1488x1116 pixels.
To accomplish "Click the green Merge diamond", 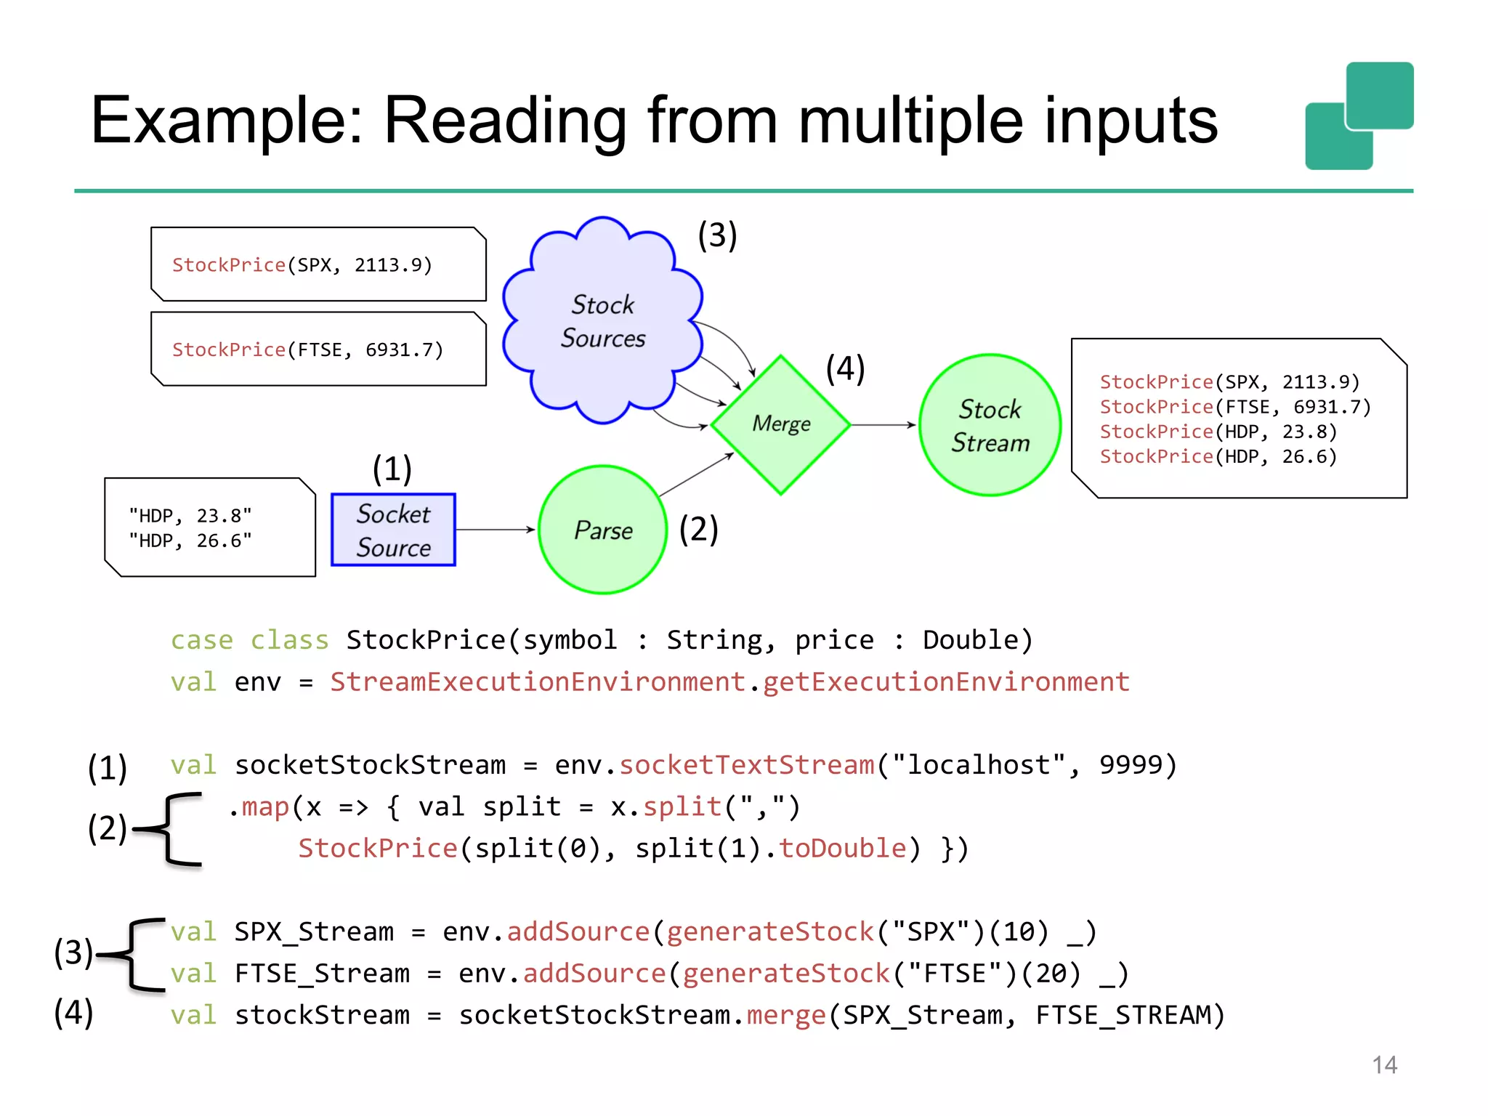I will [x=780, y=424].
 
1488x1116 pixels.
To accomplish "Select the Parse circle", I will [x=602, y=530].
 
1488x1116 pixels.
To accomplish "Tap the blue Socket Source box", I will [x=393, y=530].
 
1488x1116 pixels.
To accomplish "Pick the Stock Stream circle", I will [x=990, y=426].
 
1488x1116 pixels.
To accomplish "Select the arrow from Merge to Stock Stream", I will [x=883, y=424].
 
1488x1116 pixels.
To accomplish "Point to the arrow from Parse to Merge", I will [x=696, y=474].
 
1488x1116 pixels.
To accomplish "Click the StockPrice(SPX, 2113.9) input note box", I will [x=318, y=264].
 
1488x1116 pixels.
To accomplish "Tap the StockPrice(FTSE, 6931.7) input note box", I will [x=318, y=349].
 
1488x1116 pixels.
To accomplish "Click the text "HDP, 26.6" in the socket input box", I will [x=190, y=541].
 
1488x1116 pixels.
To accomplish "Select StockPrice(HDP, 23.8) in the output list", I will [x=1218, y=432].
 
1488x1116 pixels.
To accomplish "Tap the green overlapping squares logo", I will [x=1359, y=116].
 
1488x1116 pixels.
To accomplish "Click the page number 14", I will [x=1384, y=1065].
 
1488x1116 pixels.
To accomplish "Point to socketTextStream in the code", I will [x=747, y=765].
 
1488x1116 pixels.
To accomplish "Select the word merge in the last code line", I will [x=786, y=1015].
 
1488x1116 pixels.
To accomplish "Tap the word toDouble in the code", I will [x=843, y=849].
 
